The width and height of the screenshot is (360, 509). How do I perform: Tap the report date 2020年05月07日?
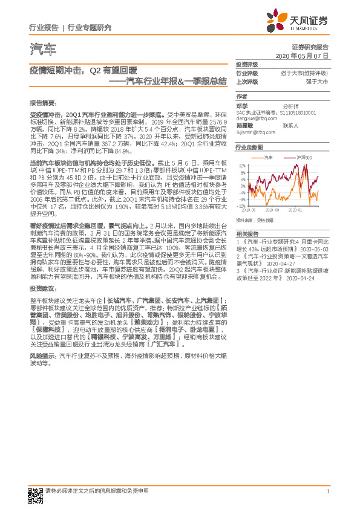pos(302,55)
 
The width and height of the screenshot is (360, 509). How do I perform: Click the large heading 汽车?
pos(42,49)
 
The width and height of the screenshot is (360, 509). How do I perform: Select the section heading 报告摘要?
pos(42,102)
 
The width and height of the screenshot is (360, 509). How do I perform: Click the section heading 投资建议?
pos(42,289)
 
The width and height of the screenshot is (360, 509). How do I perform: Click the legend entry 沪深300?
pos(304,157)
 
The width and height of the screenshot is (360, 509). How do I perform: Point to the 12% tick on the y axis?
pos(242,164)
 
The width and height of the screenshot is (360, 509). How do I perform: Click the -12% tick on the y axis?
pos(241,206)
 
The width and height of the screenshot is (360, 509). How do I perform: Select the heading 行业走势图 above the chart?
pos(249,147)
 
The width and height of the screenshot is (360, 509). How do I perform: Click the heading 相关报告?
pos(247,233)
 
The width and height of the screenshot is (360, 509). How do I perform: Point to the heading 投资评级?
pos(247,64)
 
